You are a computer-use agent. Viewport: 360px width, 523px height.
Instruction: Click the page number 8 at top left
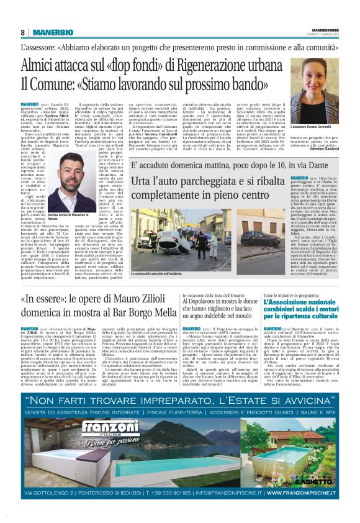click(23, 32)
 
